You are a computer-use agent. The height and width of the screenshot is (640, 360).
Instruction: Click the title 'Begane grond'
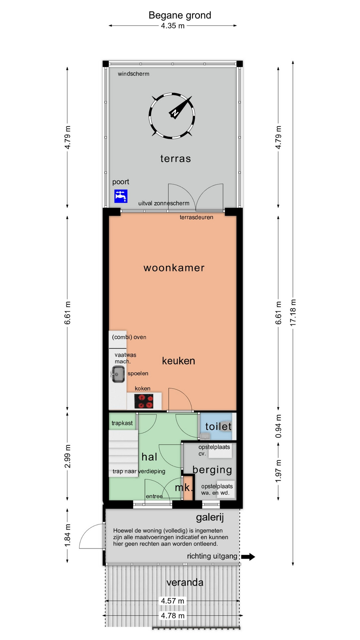tap(180, 15)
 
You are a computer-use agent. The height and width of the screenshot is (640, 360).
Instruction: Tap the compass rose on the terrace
tap(172, 115)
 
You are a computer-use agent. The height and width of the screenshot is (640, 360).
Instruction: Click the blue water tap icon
tap(121, 196)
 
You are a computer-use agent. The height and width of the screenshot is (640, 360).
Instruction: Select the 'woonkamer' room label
tap(174, 268)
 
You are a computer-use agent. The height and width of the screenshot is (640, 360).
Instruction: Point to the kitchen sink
tap(118, 374)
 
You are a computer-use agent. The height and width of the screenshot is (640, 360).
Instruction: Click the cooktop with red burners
tap(144, 401)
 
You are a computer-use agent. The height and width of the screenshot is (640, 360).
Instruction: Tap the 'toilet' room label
tap(218, 426)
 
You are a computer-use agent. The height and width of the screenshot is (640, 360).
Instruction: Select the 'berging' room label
tap(212, 470)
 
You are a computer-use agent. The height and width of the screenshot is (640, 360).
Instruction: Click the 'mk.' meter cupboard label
tap(184, 488)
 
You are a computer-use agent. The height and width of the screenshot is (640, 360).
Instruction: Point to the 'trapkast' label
tap(122, 423)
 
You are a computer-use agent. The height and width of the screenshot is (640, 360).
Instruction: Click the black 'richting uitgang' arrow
tap(248, 556)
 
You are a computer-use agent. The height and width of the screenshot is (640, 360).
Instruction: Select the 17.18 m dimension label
tap(293, 312)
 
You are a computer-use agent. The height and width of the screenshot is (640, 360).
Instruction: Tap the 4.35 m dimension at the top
tap(173, 26)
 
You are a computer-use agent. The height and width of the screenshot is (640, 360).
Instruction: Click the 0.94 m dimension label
tap(278, 426)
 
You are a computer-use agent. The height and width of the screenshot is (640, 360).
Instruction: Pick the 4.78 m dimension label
tap(173, 615)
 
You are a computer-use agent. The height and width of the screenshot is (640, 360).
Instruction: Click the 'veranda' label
tap(185, 582)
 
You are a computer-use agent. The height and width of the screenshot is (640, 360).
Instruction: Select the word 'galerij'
tap(210, 517)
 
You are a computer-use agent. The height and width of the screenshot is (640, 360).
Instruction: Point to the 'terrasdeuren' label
tap(196, 217)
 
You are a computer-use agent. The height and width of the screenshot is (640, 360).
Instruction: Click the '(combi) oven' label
tap(129, 337)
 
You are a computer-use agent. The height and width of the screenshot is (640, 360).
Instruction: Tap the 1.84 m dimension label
tap(67, 535)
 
